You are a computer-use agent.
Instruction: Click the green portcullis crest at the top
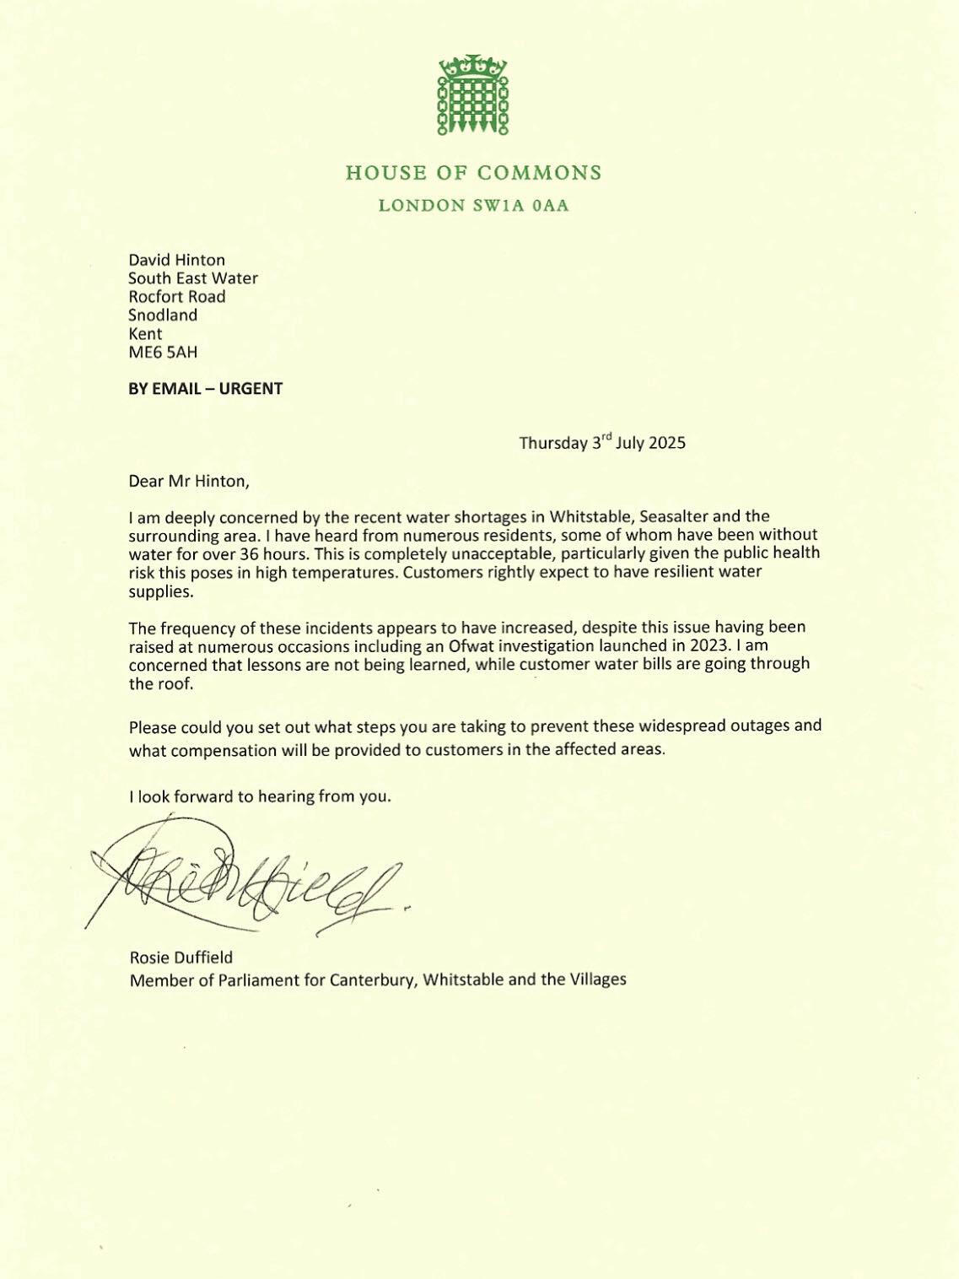click(473, 94)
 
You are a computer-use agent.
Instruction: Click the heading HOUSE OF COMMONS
click(473, 173)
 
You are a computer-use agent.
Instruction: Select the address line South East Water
click(193, 278)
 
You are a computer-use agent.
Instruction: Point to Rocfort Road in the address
click(177, 297)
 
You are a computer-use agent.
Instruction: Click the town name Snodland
click(163, 316)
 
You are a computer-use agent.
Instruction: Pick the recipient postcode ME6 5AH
click(163, 353)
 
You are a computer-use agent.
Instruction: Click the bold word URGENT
click(251, 389)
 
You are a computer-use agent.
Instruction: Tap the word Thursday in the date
click(552, 443)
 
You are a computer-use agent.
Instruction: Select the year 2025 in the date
click(667, 443)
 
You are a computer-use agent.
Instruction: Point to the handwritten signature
click(245, 882)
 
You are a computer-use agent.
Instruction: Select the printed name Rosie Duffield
click(181, 958)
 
